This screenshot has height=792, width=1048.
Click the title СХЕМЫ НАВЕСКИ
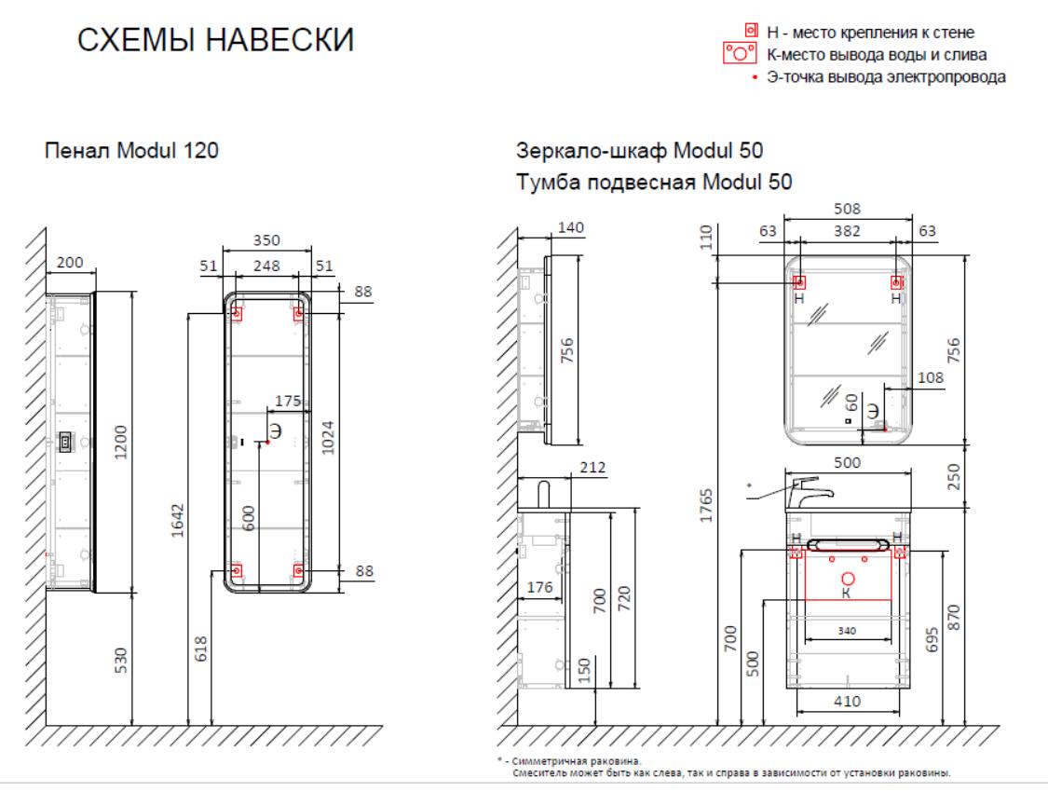(215, 42)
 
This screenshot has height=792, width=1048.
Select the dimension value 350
(266, 241)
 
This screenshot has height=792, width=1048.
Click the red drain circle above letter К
(848, 579)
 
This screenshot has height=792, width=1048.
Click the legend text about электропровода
(885, 77)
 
